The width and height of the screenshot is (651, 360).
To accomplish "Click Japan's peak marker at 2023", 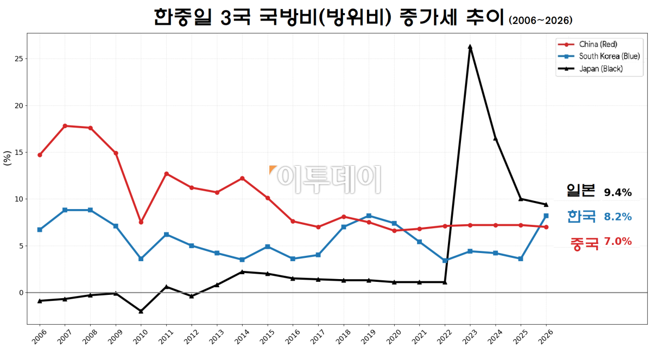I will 470,47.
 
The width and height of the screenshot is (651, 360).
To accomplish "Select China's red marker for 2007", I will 65,126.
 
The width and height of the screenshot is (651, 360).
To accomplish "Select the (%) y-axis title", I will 7,158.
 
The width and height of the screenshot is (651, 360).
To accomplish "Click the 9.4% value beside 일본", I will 618,192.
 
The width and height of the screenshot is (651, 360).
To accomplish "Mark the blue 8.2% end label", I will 618,217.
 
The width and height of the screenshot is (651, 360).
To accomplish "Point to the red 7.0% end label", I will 618,242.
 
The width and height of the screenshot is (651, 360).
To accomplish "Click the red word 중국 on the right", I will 584,243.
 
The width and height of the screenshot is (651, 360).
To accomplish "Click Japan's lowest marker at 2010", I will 141,311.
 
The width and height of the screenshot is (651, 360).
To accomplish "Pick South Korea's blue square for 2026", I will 546,216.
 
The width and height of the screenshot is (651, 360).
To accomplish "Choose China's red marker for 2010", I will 141,222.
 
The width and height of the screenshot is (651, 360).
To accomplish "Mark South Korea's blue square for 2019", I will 369,216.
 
